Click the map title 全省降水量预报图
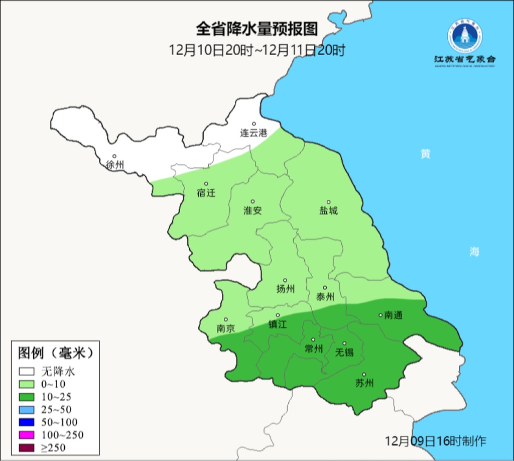(x=256, y=29)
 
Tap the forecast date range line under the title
(x=256, y=50)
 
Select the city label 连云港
(x=253, y=133)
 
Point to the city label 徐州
(x=115, y=165)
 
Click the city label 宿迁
(x=206, y=193)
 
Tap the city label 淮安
(x=252, y=210)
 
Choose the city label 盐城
(x=329, y=210)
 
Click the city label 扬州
(x=285, y=289)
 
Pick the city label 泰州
(x=325, y=297)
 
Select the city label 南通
(x=394, y=315)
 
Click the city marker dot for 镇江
(x=278, y=315)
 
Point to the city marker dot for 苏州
(x=364, y=374)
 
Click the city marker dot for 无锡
(x=344, y=343)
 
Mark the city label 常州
(x=314, y=349)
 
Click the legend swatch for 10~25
(x=27, y=397)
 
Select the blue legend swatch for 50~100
(x=27, y=422)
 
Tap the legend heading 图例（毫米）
(x=55, y=353)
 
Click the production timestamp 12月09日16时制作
(x=435, y=441)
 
